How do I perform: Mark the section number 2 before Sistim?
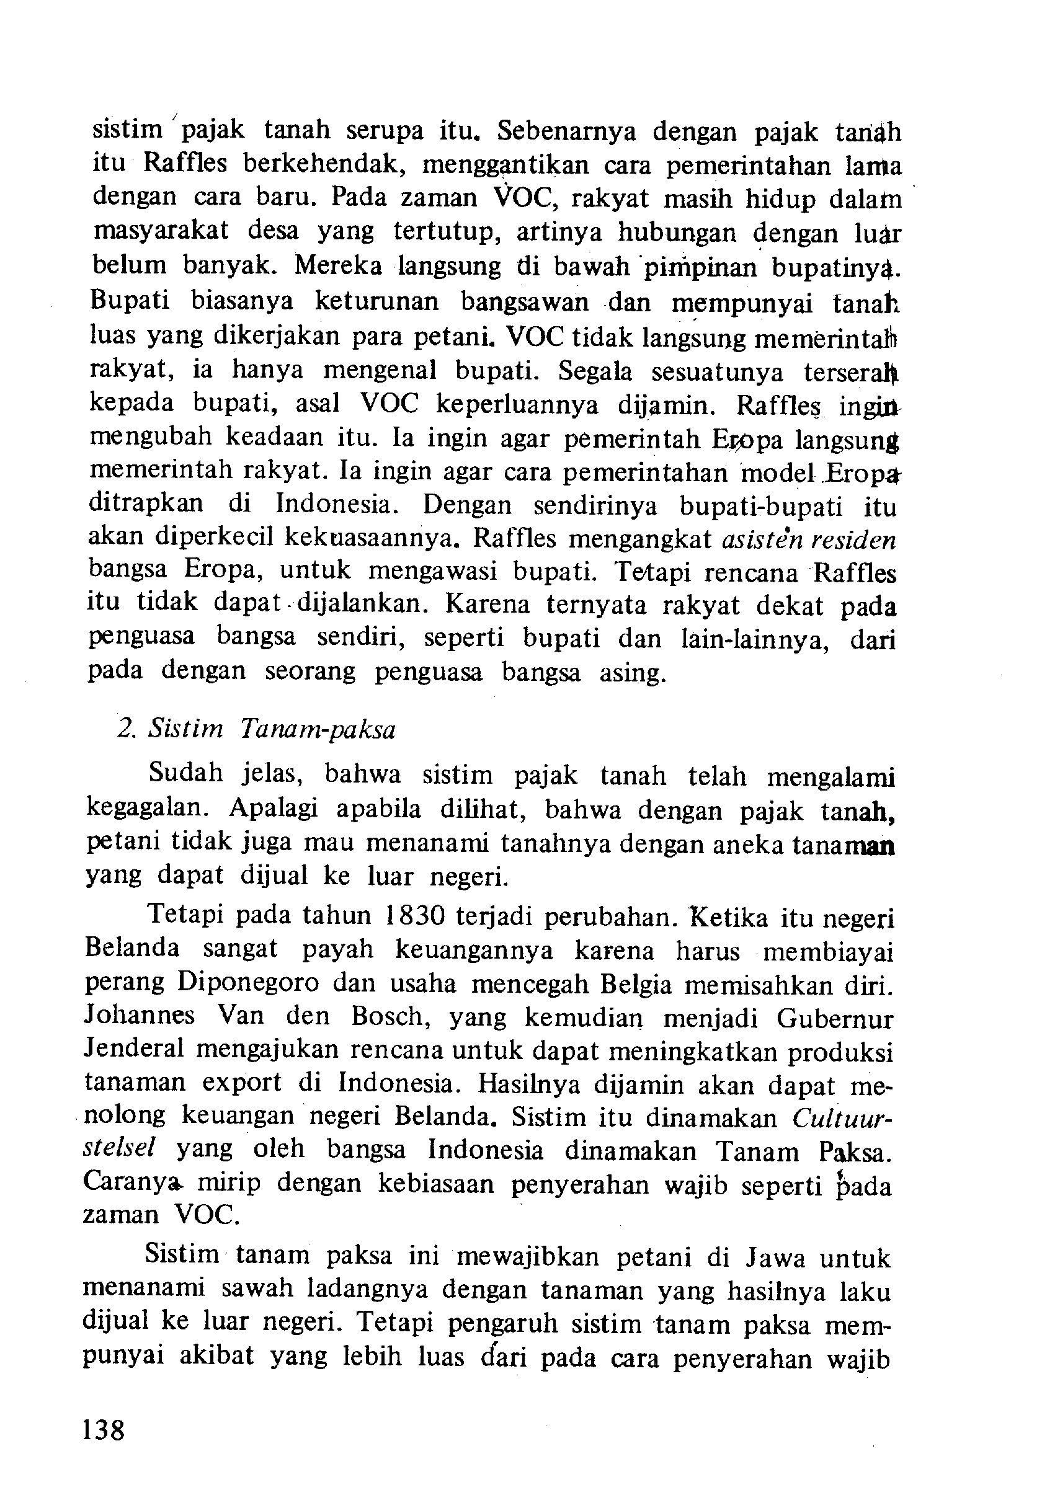[125, 729]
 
